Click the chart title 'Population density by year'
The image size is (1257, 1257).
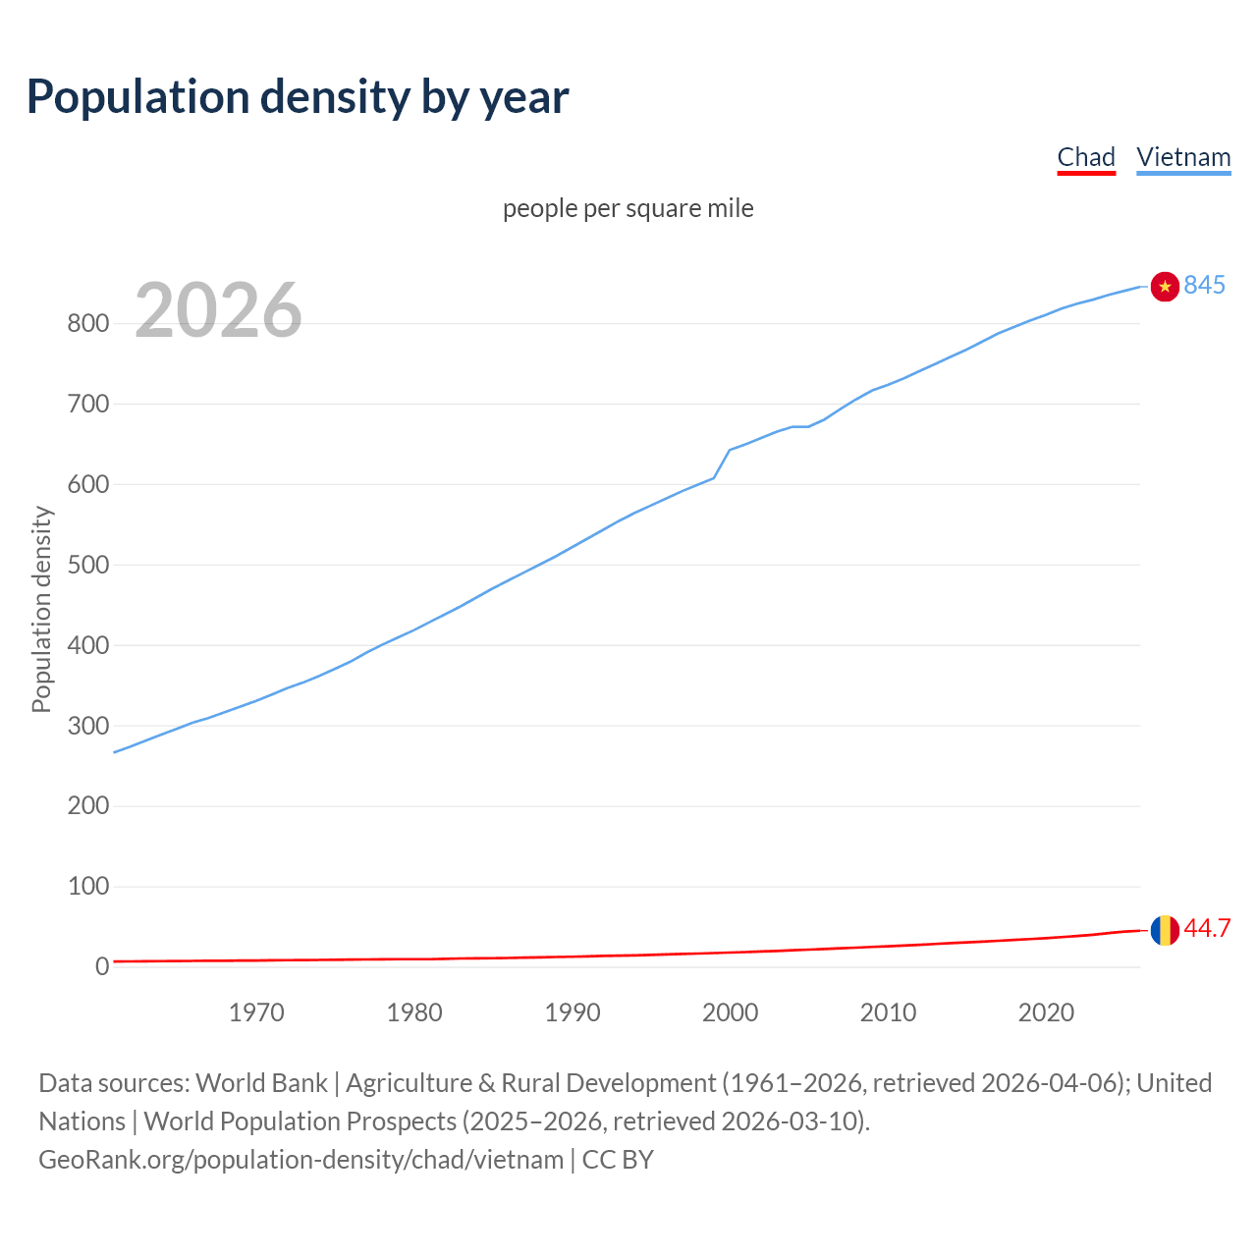(298, 96)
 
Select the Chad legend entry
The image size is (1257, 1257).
(1086, 157)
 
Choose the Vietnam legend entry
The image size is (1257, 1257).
(1183, 157)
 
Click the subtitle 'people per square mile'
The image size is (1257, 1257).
(628, 208)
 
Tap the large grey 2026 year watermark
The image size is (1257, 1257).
(218, 310)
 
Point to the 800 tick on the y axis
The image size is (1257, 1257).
(87, 323)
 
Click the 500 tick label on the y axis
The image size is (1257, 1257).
(87, 565)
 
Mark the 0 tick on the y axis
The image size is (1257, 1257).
(101, 966)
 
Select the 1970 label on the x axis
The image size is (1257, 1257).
(256, 1012)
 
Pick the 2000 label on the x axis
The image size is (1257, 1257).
(730, 1012)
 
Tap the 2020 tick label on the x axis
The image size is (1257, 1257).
(1046, 1012)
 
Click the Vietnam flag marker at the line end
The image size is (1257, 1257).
(1165, 286)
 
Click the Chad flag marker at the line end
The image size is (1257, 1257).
(1165, 929)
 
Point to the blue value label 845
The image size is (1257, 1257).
(1205, 285)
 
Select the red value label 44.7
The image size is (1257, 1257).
(1207, 928)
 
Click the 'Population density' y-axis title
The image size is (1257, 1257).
(41, 609)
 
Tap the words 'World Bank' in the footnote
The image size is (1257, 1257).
(261, 1082)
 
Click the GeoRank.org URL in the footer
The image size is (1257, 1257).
(301, 1159)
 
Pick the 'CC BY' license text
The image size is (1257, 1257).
(618, 1159)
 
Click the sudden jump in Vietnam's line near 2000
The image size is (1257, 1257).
(722, 464)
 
